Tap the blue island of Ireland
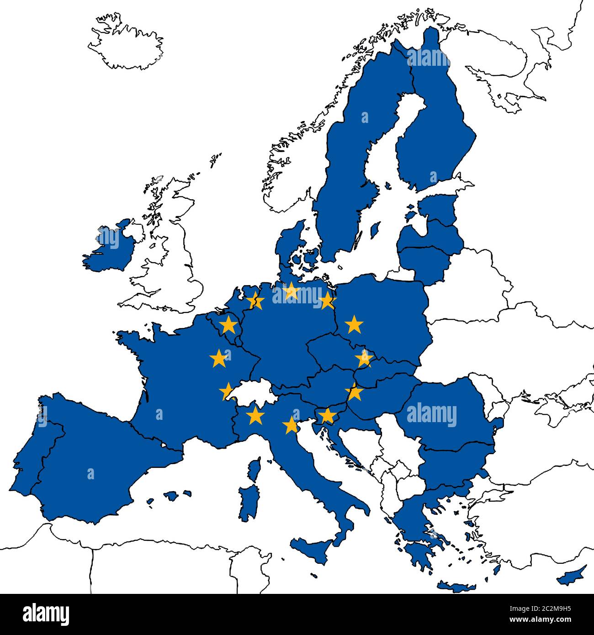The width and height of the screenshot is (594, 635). (110, 249)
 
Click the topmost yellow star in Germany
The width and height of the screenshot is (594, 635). (291, 291)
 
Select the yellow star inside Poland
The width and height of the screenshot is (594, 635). (354, 325)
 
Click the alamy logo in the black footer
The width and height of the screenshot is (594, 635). (46, 614)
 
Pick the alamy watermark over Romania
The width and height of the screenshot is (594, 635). (431, 415)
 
